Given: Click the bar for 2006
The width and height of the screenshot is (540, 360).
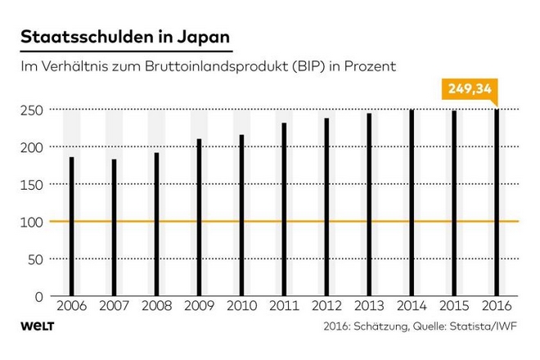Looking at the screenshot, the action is tap(72, 227).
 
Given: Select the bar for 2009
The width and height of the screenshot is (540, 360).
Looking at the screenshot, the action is tap(199, 218).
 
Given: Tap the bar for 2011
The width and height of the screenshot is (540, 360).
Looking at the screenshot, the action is tap(284, 209).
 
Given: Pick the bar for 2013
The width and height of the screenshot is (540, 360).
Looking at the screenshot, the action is tap(369, 205).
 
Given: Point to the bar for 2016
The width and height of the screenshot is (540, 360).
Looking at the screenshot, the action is tap(497, 203).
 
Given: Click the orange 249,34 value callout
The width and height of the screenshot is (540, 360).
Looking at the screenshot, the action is tap(470, 89).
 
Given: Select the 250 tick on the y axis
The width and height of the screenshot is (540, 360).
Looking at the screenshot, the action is tap(32, 110).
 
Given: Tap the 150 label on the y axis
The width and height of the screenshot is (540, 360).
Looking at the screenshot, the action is tap(32, 185).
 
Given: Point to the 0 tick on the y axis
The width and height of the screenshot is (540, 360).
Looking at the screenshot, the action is tap(39, 297).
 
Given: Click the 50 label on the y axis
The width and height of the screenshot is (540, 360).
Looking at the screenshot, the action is tap(35, 259).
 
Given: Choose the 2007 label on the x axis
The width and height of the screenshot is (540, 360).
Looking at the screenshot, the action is tap(114, 305).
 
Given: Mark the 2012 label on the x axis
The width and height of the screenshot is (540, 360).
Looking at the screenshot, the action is tap(326, 305).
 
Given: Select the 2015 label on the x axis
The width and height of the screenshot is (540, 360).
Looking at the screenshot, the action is tap(454, 305).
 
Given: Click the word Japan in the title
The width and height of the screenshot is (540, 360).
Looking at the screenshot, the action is tap(204, 37).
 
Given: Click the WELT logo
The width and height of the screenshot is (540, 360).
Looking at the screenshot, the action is tap(38, 326).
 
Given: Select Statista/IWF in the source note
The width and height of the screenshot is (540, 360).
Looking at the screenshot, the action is tap(484, 326).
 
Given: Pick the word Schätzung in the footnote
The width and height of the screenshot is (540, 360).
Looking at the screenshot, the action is tap(380, 326).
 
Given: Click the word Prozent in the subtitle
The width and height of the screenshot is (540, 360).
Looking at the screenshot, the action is tap(370, 66).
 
